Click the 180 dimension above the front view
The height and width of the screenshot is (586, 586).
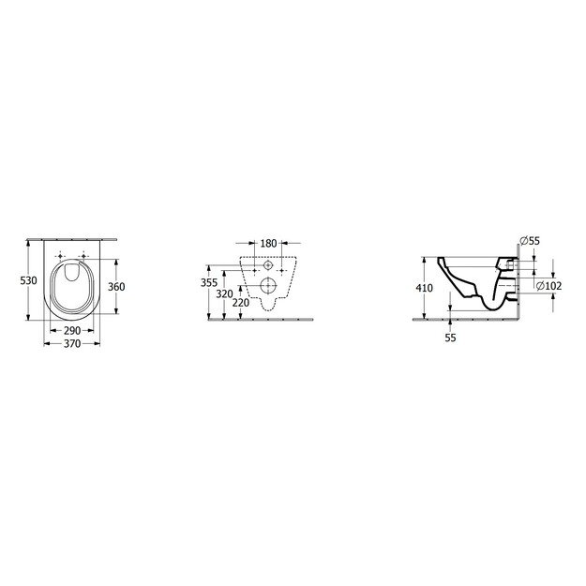[267, 243]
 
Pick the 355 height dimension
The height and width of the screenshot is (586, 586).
[210, 281]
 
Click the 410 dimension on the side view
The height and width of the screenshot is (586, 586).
[425, 288]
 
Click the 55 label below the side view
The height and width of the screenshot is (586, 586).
[451, 338]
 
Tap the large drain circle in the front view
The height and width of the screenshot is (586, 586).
[267, 286]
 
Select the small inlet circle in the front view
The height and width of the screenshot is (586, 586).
[267, 265]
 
